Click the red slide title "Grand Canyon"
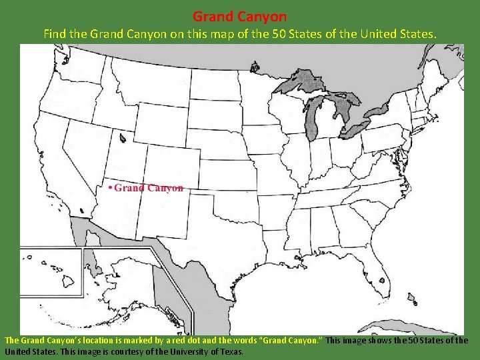(x=239, y=16)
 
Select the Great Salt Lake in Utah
(x=123, y=138)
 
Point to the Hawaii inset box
(x=50, y=273)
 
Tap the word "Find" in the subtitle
(x=56, y=33)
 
